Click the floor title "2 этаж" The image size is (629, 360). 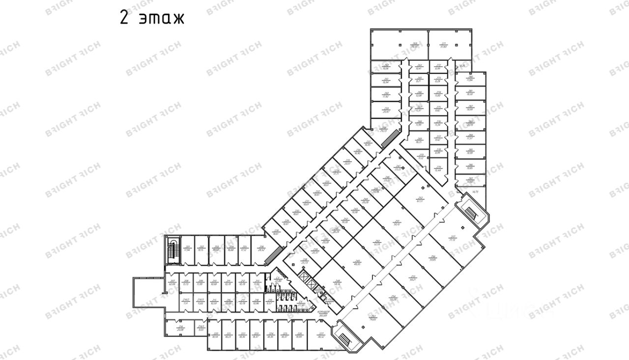point(152,18)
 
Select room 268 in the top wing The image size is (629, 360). point(419,124)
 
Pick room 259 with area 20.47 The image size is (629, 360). point(386,110)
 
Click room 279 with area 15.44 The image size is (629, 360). point(438,168)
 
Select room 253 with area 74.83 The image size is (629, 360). point(373,317)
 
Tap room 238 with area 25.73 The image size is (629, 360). point(305,261)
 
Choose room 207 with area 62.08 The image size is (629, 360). point(172,282)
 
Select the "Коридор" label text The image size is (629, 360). point(323,313)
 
